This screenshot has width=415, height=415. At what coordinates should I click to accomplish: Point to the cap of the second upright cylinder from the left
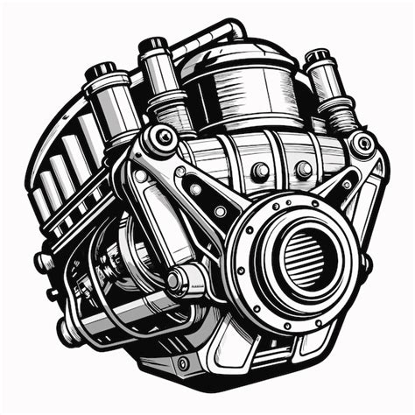[x=155, y=45]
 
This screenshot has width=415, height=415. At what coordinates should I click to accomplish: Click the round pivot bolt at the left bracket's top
[x=161, y=138]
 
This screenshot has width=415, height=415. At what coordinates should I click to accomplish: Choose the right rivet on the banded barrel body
[x=303, y=169]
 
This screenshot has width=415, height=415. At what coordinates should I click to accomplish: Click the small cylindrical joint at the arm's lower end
[x=182, y=281]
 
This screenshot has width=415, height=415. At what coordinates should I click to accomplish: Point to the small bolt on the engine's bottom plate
[x=182, y=362]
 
